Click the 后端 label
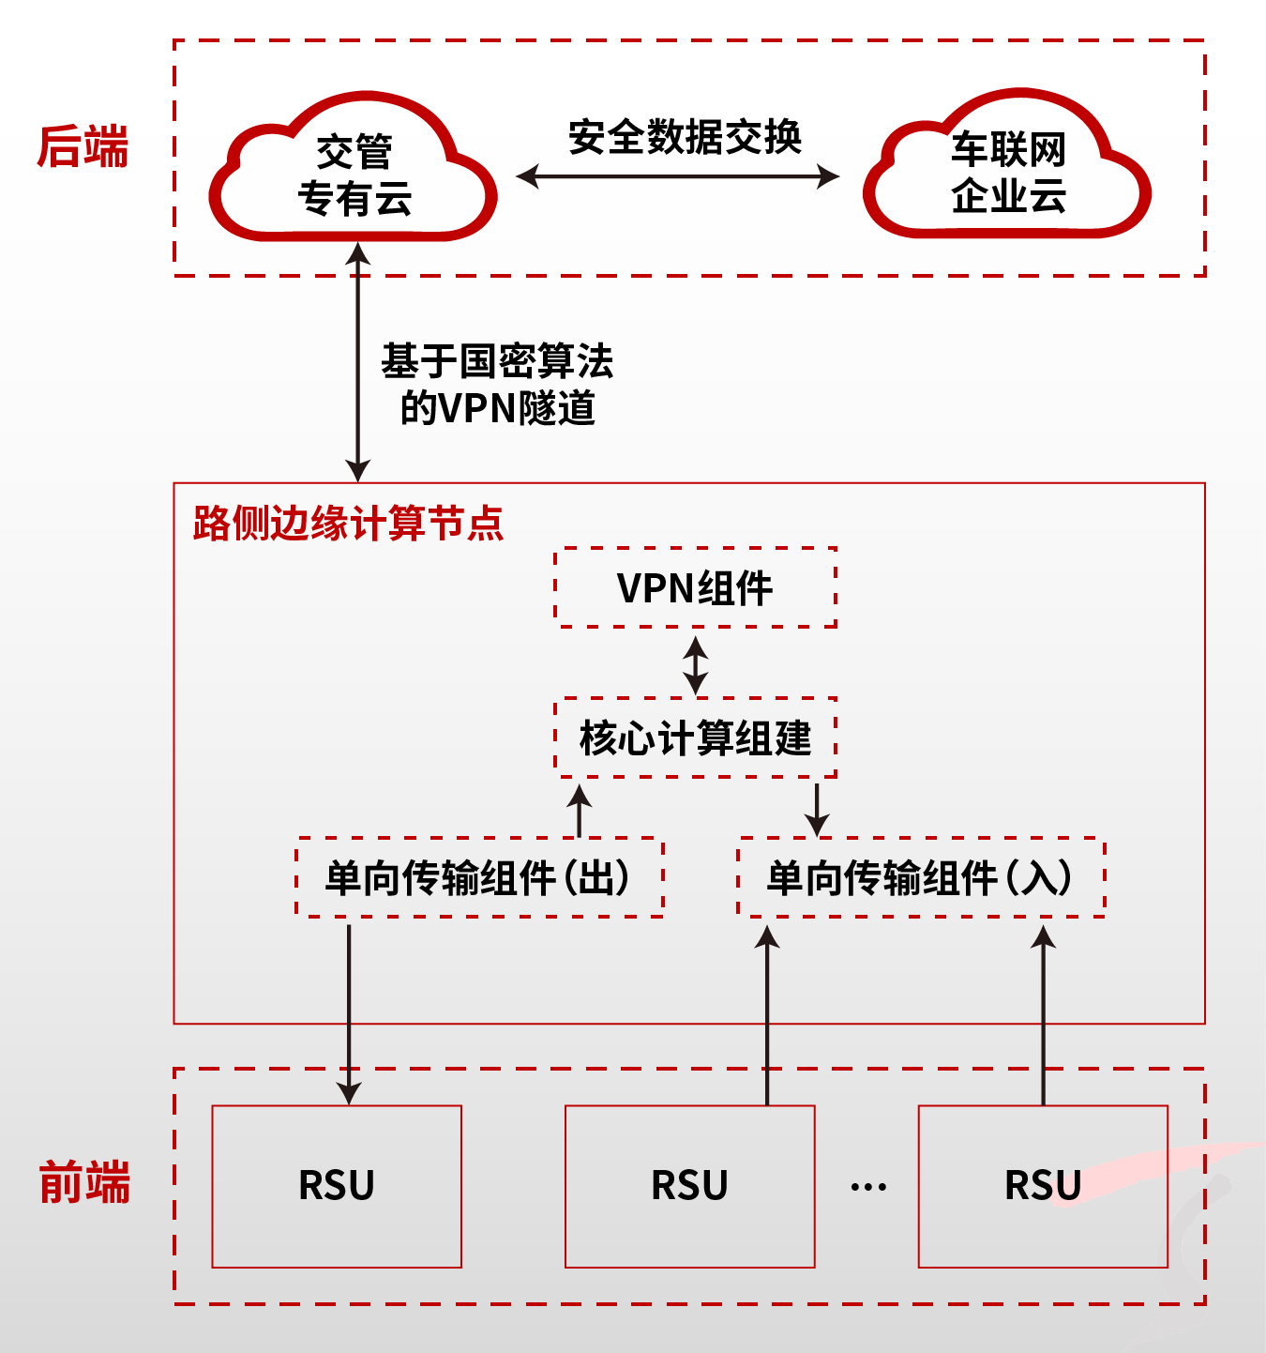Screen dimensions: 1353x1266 83,148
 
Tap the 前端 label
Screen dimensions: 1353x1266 84,1182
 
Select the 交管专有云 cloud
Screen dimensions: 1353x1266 354,175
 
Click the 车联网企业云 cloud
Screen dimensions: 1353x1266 1008,172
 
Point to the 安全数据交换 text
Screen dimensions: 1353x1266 685,137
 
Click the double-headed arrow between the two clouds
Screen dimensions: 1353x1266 677,175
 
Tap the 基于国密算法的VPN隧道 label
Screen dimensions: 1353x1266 497,385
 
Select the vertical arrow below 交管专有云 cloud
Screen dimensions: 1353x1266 357,361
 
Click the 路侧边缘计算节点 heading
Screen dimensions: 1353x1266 348,524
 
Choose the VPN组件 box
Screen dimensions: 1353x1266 695,588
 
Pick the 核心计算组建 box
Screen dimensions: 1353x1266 695,738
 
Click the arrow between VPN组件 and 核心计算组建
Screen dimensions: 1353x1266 695,664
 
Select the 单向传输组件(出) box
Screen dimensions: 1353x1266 479,878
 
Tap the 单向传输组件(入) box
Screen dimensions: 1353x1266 921,878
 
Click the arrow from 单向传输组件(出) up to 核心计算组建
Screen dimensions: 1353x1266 580,810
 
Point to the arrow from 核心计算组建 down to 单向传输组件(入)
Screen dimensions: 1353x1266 817,808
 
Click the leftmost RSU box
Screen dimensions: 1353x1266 337,1186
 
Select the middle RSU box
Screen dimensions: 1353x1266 689,1186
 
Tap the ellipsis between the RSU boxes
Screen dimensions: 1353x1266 868,1187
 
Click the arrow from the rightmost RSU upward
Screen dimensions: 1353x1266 1043,1013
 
